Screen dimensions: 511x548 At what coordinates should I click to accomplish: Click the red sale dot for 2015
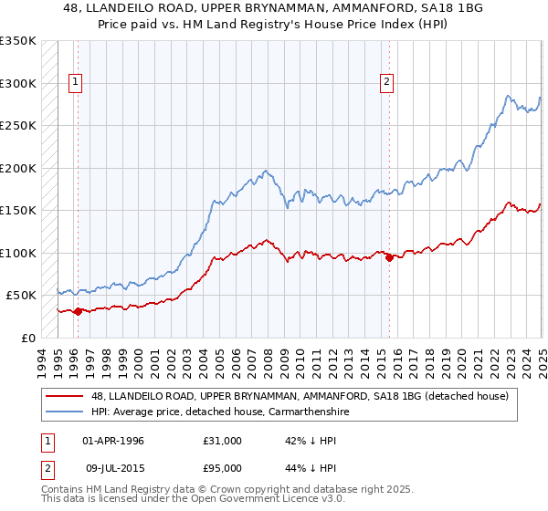pyautogui.click(x=390, y=257)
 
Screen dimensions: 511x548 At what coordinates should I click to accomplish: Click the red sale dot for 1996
pyautogui.click(x=78, y=311)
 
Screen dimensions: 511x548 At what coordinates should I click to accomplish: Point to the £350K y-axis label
pyautogui.click(x=18, y=41)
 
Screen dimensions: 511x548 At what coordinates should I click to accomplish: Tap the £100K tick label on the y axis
pyautogui.click(x=18, y=253)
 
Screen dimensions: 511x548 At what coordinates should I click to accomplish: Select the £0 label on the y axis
pyautogui.click(x=27, y=338)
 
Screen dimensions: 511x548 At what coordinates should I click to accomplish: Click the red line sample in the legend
pyautogui.click(x=64, y=395)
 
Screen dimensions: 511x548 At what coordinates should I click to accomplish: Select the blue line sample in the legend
pyautogui.click(x=64, y=412)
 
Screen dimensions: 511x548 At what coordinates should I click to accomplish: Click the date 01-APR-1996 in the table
pyautogui.click(x=113, y=440)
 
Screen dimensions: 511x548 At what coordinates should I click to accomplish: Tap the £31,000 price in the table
pyautogui.click(x=223, y=440)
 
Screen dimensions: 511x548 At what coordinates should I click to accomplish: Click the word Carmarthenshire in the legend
pyautogui.click(x=298, y=412)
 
